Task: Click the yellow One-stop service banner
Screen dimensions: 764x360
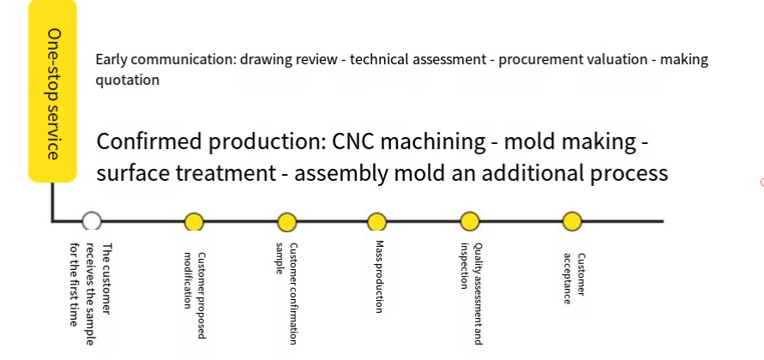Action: click(x=52, y=91)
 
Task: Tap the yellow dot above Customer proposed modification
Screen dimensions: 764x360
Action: click(x=194, y=222)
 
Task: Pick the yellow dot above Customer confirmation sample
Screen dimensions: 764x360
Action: click(x=287, y=222)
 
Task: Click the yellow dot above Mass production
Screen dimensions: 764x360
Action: click(x=376, y=222)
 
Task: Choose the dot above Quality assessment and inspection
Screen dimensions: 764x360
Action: click(x=470, y=221)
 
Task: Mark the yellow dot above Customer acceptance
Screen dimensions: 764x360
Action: click(x=572, y=221)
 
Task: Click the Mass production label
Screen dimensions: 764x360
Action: click(x=380, y=276)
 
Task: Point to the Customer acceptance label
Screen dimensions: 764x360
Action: click(x=574, y=279)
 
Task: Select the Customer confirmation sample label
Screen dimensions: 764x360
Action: click(x=286, y=293)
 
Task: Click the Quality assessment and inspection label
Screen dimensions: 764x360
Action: click(x=472, y=293)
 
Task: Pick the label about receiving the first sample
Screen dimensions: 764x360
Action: click(x=91, y=294)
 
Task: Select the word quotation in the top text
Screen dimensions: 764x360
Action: click(x=127, y=80)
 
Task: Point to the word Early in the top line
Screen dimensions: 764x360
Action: click(x=111, y=60)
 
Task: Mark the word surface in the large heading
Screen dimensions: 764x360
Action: click(x=133, y=174)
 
